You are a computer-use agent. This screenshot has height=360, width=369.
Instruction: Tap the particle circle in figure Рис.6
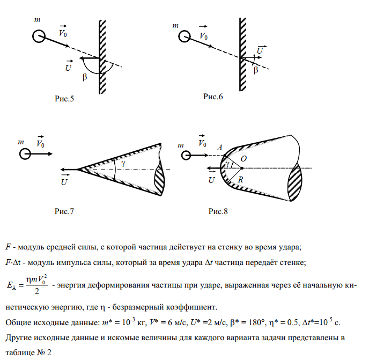click(184, 37)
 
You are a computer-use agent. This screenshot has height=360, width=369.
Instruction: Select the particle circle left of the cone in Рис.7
click(25, 154)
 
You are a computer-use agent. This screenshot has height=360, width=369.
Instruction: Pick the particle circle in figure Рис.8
click(186, 155)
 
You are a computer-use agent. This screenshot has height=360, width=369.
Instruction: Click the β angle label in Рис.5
click(84, 77)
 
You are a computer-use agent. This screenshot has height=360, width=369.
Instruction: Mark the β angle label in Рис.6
click(255, 70)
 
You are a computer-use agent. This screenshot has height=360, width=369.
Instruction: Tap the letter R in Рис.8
click(241, 181)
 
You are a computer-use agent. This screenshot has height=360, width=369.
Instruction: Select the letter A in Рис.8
click(220, 148)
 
